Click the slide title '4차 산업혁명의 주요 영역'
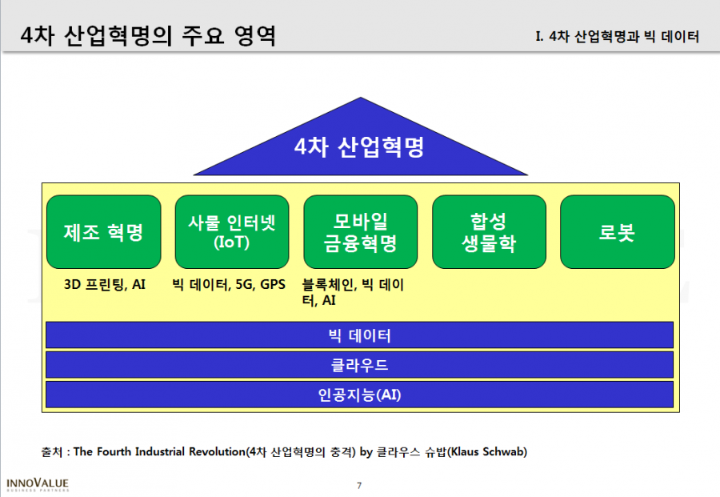pos(148,36)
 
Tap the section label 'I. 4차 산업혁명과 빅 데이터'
pos(618,36)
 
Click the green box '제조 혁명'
pos(104,232)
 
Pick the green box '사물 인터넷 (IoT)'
pos(232,232)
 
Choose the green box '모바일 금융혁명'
pos(361,232)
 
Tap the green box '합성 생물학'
pos(489,232)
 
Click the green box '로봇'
pos(618,232)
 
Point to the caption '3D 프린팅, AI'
pos(105,285)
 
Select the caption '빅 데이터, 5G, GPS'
pos(229,285)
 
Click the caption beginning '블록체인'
pos(353,293)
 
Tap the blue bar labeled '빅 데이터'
pos(359,335)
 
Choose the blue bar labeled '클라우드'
pos(359,365)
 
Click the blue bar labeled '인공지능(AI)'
pos(359,394)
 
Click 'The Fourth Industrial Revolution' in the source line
pos(159,452)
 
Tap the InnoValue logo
pos(38,485)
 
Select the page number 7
pos(359,486)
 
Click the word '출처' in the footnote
pos(51,452)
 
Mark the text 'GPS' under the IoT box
pos(273,285)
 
